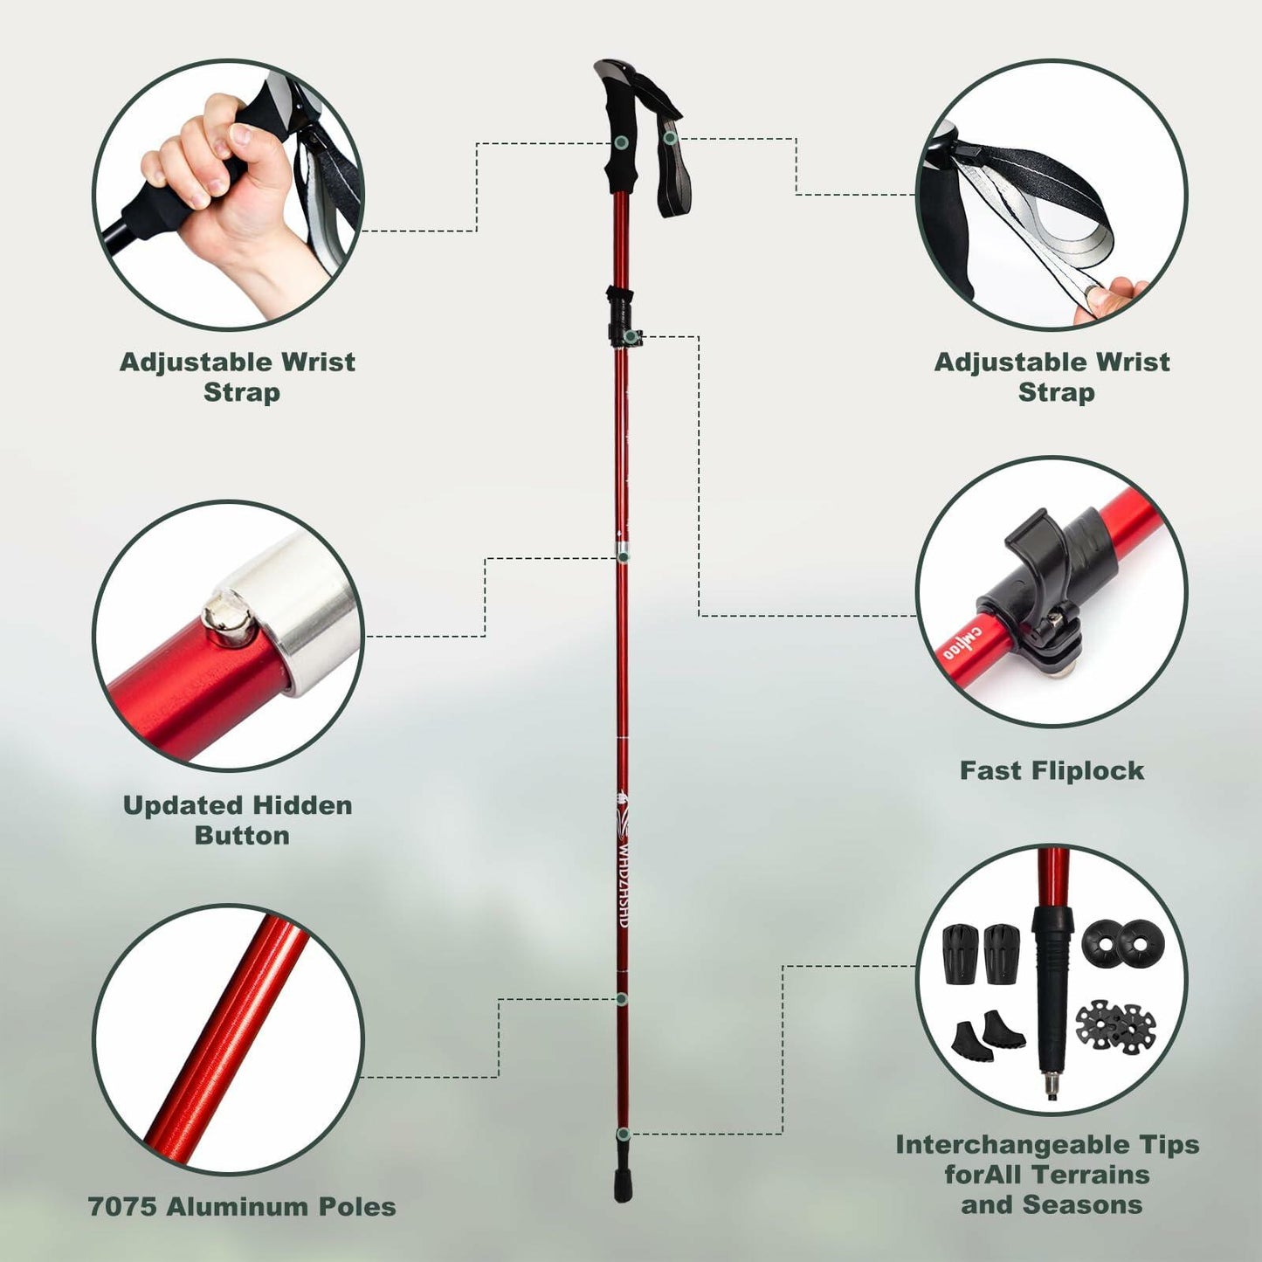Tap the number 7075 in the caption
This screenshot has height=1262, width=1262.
coord(122,1207)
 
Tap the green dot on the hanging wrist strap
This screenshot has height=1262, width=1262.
coord(669,138)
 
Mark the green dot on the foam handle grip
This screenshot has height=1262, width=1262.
coord(621,142)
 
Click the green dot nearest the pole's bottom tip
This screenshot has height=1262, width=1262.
coord(623,1134)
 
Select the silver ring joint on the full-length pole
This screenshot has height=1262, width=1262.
coord(623,552)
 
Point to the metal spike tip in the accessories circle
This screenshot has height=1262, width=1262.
coord(1050,1086)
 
